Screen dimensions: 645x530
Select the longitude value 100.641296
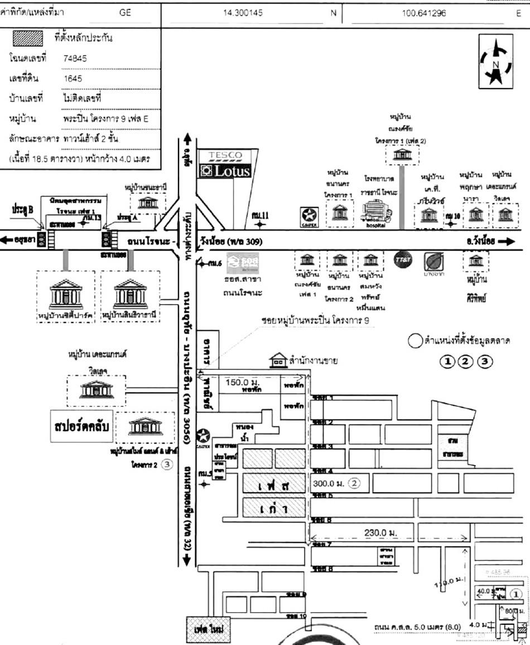(x=423, y=14)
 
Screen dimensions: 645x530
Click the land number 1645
(x=73, y=79)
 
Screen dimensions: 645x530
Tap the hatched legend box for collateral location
(x=28, y=38)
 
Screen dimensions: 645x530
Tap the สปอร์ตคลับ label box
(x=81, y=427)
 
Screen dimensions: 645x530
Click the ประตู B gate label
(x=23, y=209)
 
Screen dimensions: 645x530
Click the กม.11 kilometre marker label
(x=260, y=215)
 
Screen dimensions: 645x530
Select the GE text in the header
(x=125, y=13)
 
